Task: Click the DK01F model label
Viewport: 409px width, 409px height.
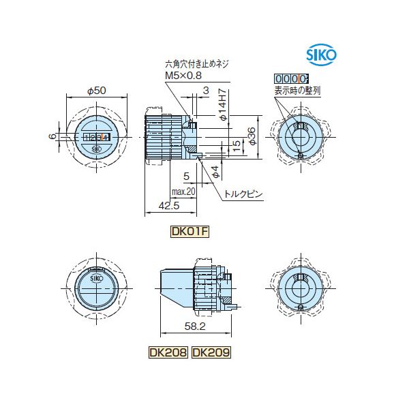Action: [189, 231]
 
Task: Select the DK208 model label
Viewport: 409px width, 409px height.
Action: [168, 352]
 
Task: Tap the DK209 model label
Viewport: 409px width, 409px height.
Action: [211, 352]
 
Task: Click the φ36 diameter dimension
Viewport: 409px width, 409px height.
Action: [252, 136]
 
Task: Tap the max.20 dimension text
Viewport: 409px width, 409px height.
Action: [183, 192]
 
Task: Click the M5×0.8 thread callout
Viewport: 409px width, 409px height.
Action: [183, 76]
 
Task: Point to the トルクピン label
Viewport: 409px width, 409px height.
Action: [243, 195]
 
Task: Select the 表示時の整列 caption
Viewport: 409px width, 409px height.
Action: [296, 89]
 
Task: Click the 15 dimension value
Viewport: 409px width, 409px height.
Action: [235, 145]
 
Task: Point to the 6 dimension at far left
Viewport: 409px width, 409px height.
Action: [52, 136]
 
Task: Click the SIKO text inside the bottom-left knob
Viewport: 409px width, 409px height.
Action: [96, 278]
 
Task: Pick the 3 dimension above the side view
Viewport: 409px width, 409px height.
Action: [204, 90]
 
